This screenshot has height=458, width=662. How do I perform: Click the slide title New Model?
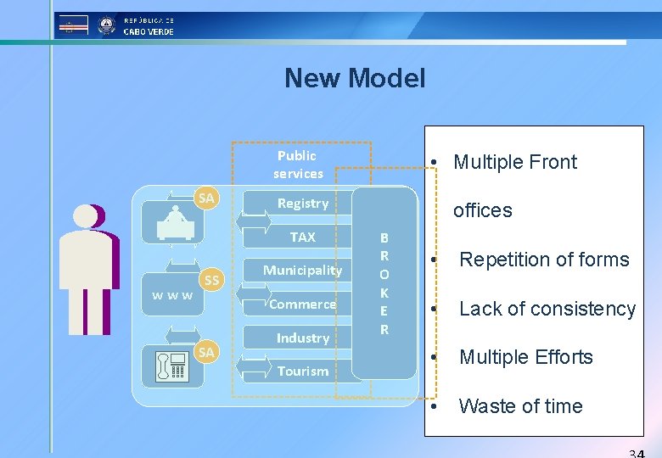[x=355, y=79]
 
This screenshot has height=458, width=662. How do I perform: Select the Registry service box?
[x=303, y=204]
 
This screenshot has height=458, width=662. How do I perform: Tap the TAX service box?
[x=303, y=237]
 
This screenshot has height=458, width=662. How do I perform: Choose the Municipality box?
[x=302, y=271]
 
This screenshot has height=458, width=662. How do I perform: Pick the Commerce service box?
[x=303, y=304]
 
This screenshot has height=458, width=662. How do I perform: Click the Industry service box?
[x=303, y=338]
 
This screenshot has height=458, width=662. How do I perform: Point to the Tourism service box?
[x=303, y=371]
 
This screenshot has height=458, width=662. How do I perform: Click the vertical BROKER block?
[x=384, y=283]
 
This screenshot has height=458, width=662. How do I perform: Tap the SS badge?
[x=212, y=280]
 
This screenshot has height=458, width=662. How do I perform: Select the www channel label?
[x=172, y=296]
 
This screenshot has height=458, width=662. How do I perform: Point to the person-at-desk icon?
[x=175, y=223]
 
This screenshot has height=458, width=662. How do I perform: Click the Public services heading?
[x=298, y=165]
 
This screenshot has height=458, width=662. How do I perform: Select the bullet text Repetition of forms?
[x=543, y=260]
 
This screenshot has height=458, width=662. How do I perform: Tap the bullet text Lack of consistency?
[x=547, y=309]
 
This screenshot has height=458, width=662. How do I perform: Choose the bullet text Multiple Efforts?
[x=525, y=357]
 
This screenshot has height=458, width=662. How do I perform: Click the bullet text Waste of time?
[x=520, y=406]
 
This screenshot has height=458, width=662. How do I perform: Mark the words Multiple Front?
[x=515, y=162]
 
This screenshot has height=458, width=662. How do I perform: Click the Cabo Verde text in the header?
[x=149, y=31]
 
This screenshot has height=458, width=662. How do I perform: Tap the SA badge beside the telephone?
[x=206, y=351]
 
